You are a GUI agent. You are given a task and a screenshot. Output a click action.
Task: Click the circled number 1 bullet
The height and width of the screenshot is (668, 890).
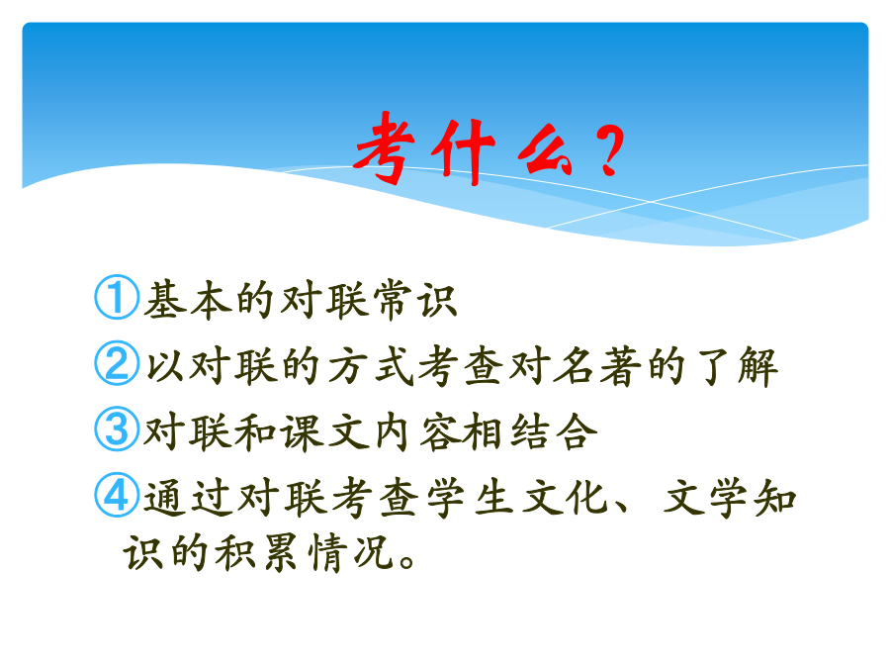pos(117,297)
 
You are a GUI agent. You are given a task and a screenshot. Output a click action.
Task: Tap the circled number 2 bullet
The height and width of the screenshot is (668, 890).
pos(117,363)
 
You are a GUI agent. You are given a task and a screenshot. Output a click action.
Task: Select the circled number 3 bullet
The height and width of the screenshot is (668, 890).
pos(117,429)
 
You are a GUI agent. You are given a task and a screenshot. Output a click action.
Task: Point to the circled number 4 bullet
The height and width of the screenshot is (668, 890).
pos(117,495)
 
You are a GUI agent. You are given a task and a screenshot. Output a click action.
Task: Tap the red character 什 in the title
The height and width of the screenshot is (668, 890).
pos(463,151)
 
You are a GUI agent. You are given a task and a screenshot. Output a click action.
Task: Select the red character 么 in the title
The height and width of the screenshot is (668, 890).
pos(544,154)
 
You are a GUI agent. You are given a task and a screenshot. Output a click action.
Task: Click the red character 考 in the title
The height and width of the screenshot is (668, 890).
pos(385,147)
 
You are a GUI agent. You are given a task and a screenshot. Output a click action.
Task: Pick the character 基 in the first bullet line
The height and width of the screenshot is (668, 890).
pos(165,299)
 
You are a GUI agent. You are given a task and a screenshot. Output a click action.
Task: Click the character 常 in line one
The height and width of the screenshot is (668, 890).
pos(393,299)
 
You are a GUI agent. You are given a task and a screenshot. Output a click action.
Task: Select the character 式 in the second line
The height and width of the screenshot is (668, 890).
pos(394,365)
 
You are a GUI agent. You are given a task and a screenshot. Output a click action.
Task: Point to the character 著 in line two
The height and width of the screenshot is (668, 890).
pos(620,366)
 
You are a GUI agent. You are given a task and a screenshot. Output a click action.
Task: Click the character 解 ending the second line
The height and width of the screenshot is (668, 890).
pos(757,366)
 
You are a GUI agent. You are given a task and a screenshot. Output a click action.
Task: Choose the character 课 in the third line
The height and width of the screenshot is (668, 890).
pos(303,432)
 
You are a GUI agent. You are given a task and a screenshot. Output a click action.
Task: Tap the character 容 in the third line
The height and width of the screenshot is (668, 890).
pos(439,432)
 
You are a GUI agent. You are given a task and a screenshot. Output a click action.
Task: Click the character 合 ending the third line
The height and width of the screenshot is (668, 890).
pos(577,431)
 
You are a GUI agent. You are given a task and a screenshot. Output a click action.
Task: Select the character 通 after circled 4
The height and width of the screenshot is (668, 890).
pos(165,498)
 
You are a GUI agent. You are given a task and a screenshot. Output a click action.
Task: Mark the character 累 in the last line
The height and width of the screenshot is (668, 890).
pos(281,552)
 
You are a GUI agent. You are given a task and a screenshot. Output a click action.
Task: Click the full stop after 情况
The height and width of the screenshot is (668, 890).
pos(407,561)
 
